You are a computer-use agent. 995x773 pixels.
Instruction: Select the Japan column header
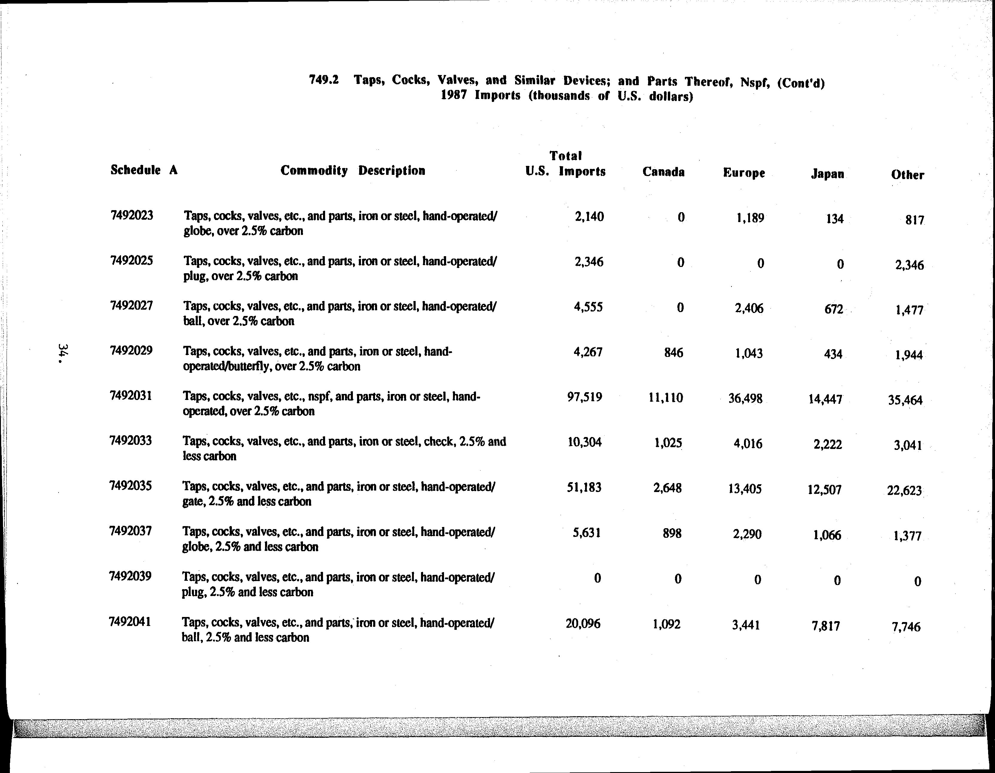click(x=827, y=174)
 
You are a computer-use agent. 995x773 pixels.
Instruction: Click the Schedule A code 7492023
click(x=132, y=215)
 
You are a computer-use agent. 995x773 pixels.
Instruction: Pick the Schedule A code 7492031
click(x=131, y=395)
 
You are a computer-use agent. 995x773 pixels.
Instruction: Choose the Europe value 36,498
click(x=745, y=399)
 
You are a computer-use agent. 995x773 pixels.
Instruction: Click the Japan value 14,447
click(x=825, y=400)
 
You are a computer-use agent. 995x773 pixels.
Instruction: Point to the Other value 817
click(x=915, y=221)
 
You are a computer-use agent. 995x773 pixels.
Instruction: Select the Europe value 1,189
click(x=750, y=218)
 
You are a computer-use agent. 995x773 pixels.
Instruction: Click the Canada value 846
click(x=673, y=353)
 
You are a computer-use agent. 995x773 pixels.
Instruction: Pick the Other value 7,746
click(x=906, y=627)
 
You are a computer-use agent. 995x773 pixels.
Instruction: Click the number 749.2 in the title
click(x=324, y=80)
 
